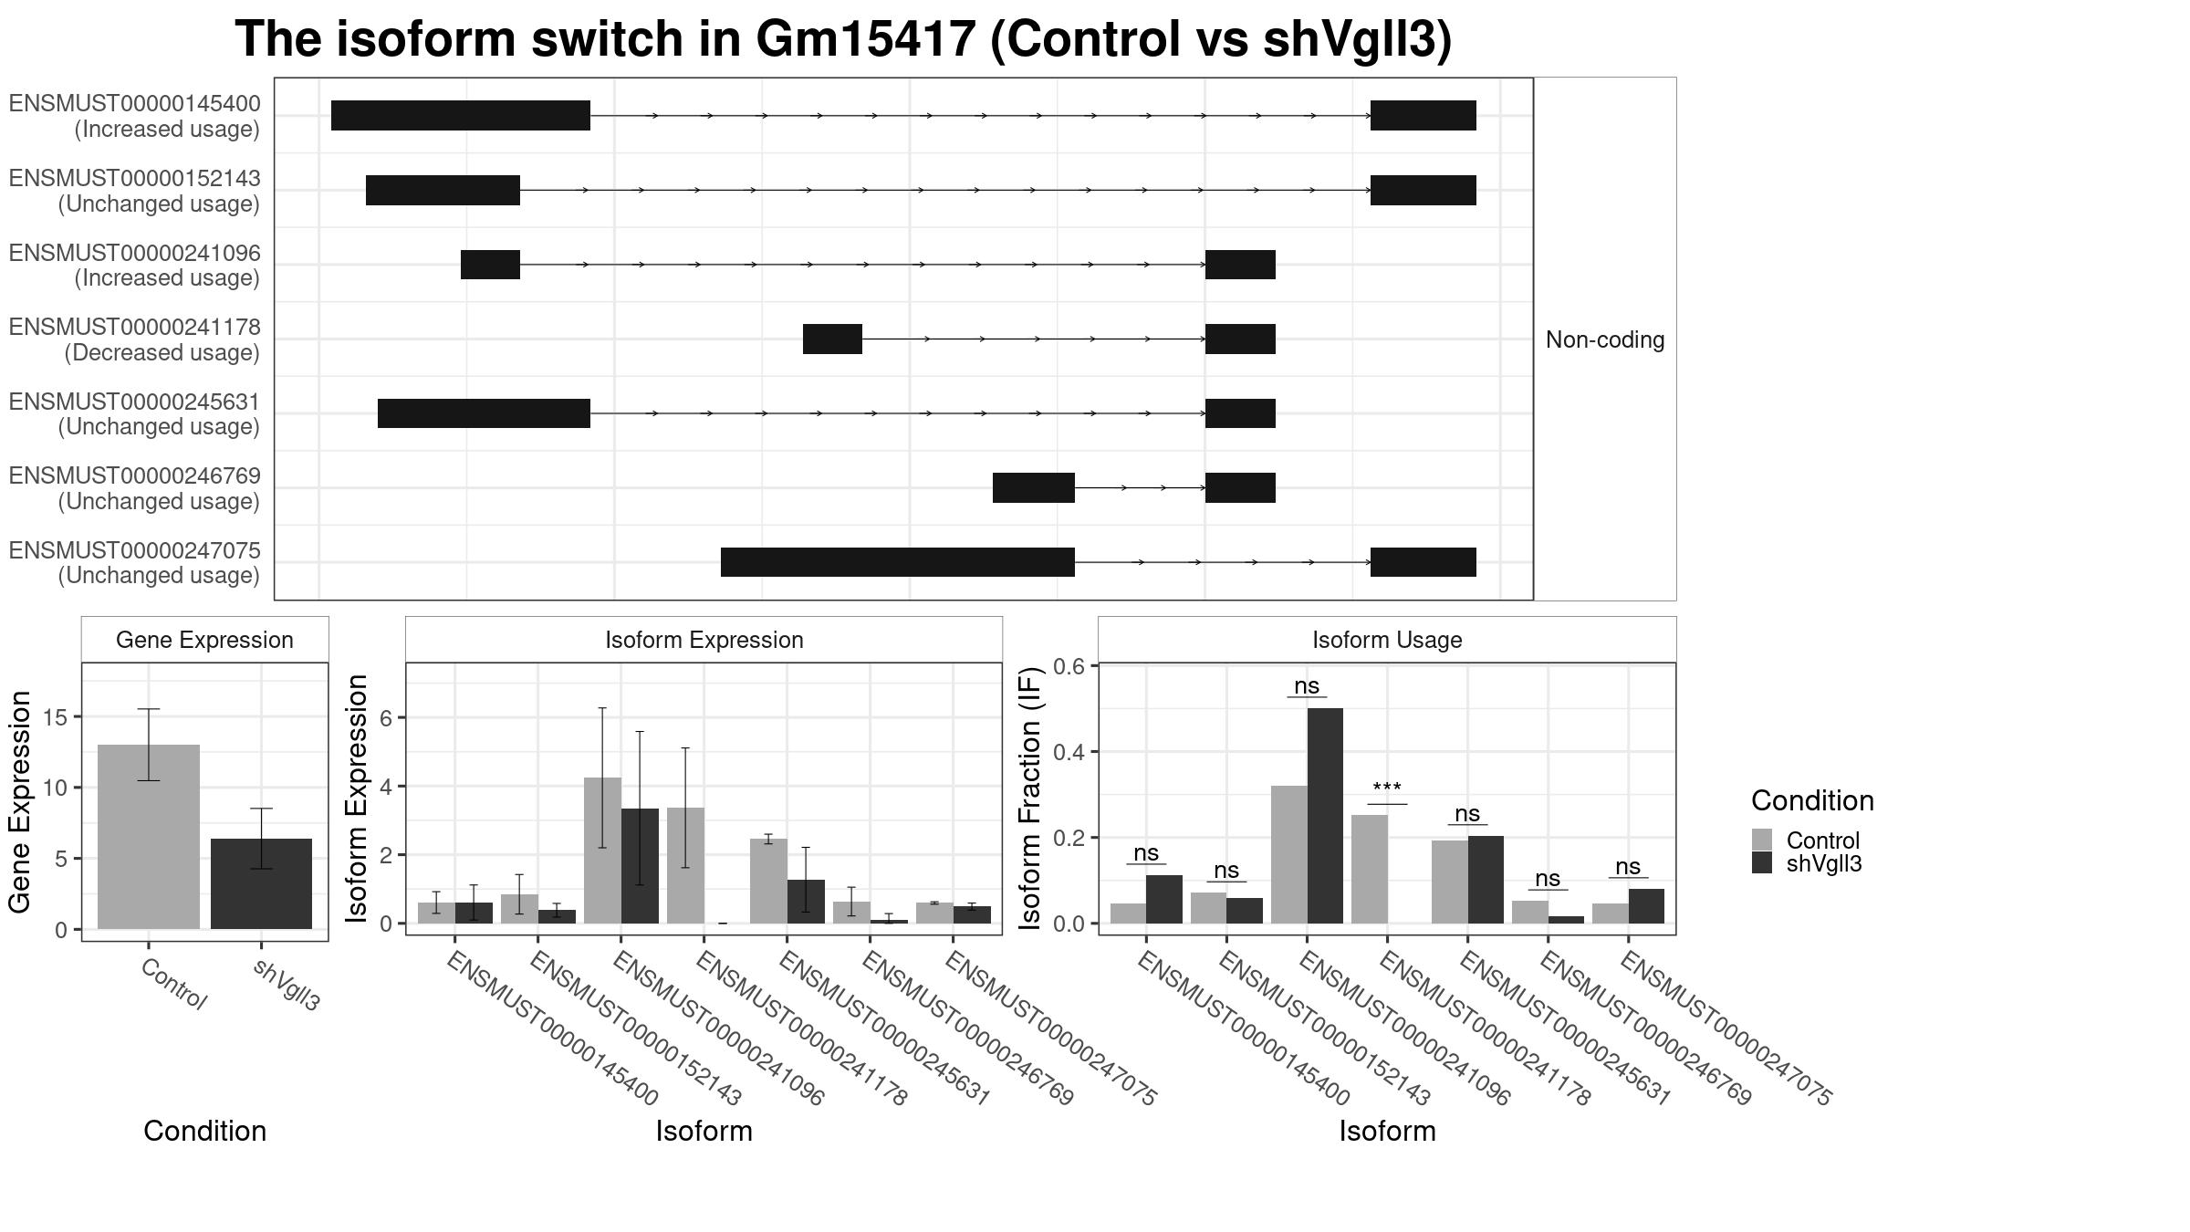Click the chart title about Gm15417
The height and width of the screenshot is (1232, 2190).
pyautogui.click(x=843, y=39)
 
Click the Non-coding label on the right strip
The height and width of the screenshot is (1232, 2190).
pyautogui.click(x=1605, y=339)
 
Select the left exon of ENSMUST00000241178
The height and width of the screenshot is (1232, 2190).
pyautogui.click(x=832, y=339)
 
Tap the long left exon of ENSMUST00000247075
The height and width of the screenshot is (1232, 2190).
pyautogui.click(x=898, y=562)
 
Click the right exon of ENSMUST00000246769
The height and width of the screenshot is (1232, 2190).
pyautogui.click(x=1240, y=487)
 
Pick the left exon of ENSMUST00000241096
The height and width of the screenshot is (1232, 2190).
pyautogui.click(x=490, y=265)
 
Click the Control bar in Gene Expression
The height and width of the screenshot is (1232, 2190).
pyautogui.click(x=149, y=837)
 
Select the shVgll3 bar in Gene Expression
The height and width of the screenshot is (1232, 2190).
pyautogui.click(x=261, y=883)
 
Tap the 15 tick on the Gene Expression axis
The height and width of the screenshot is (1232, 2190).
pyautogui.click(x=54, y=717)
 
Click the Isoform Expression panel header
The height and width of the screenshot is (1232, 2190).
pyautogui.click(x=704, y=640)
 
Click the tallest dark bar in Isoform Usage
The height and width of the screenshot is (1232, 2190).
pyautogui.click(x=1325, y=816)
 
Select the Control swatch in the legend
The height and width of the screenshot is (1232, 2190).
pyautogui.click(x=1762, y=840)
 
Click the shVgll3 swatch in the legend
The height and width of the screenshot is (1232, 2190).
pyautogui.click(x=1762, y=863)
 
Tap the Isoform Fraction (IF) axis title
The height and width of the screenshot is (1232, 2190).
pyautogui.click(x=1029, y=799)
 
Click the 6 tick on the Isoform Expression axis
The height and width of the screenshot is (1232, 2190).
pyautogui.click(x=386, y=718)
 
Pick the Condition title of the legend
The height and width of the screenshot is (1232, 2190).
pyautogui.click(x=1812, y=800)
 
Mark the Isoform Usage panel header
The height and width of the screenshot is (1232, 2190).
pyautogui.click(x=1387, y=640)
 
